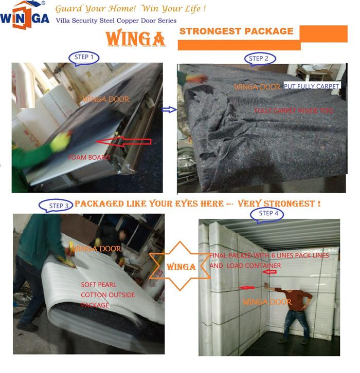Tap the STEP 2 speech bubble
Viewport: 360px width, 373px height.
[x=260, y=59]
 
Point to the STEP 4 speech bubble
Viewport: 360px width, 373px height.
[x=266, y=213]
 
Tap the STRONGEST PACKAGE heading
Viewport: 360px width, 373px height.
[x=236, y=31]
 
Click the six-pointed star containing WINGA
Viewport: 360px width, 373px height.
[x=181, y=267]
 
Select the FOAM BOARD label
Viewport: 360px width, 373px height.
[x=89, y=157]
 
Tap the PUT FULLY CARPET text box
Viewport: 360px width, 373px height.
[x=311, y=87]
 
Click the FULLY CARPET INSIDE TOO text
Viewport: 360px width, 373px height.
[x=294, y=110]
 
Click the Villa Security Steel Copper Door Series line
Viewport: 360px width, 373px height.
[x=115, y=21]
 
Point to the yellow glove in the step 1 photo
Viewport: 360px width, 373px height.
[x=61, y=141]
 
